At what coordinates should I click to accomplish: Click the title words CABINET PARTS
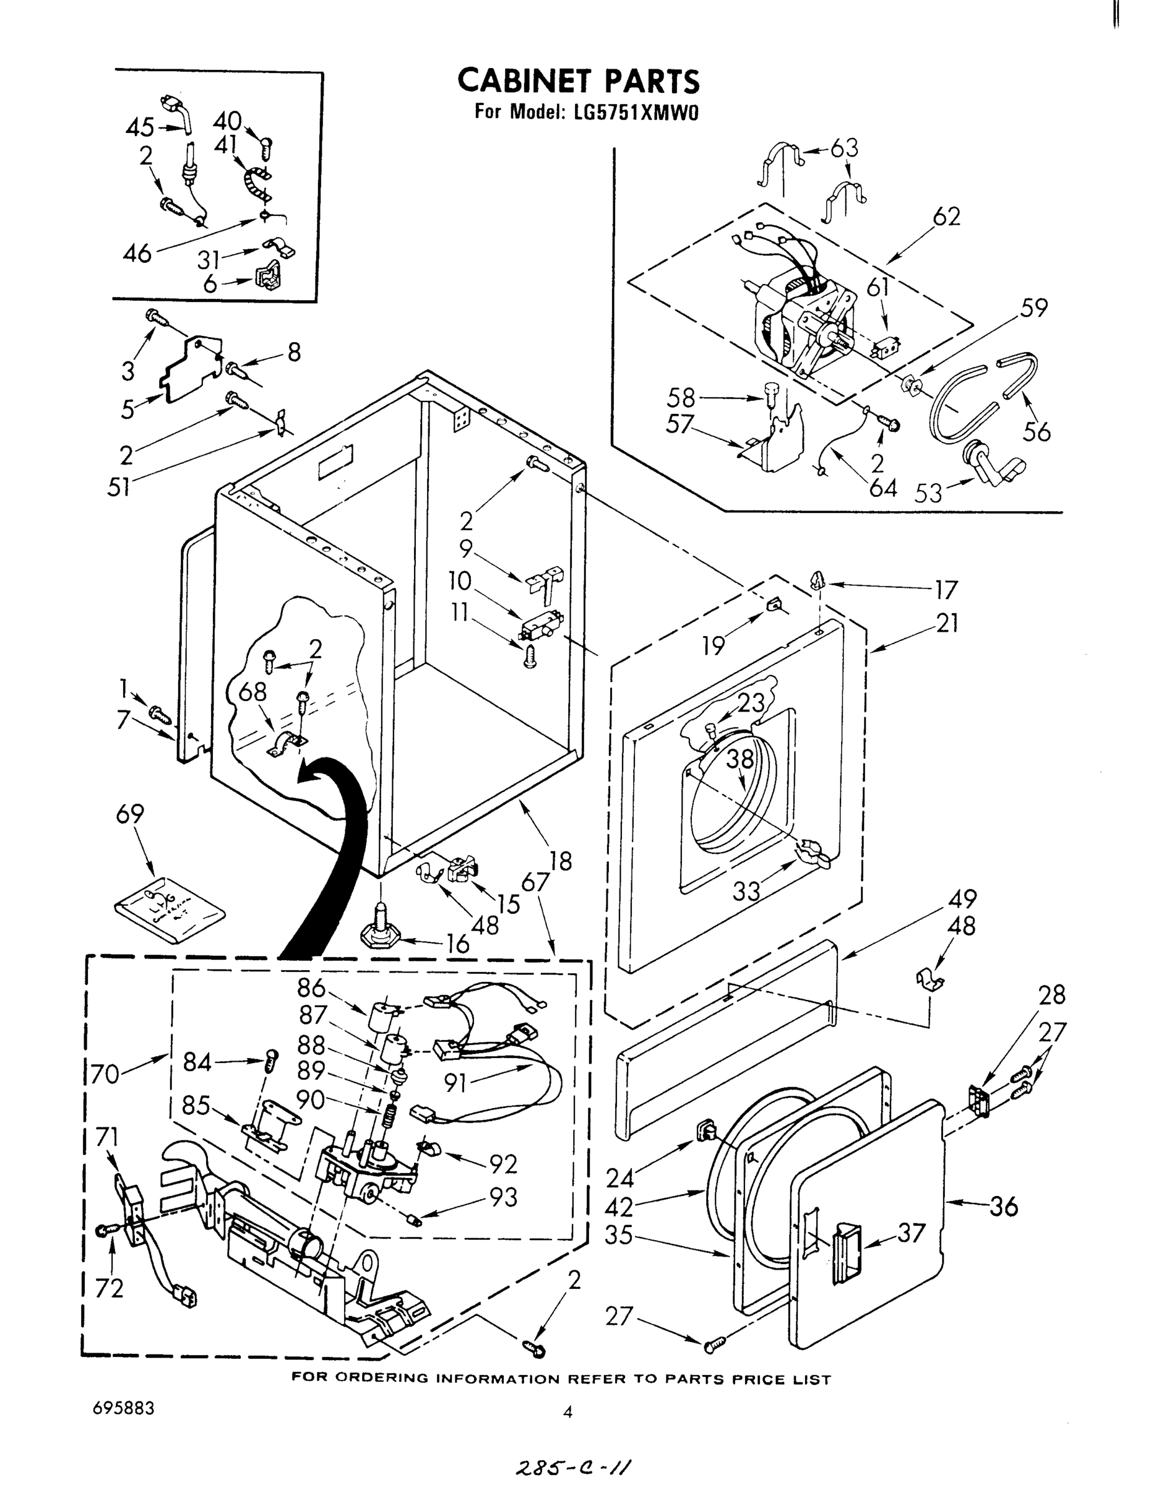point(579,81)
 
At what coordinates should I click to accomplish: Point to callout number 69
point(129,814)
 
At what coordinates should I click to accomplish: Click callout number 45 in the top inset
point(140,128)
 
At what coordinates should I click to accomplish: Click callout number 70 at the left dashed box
point(105,1074)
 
